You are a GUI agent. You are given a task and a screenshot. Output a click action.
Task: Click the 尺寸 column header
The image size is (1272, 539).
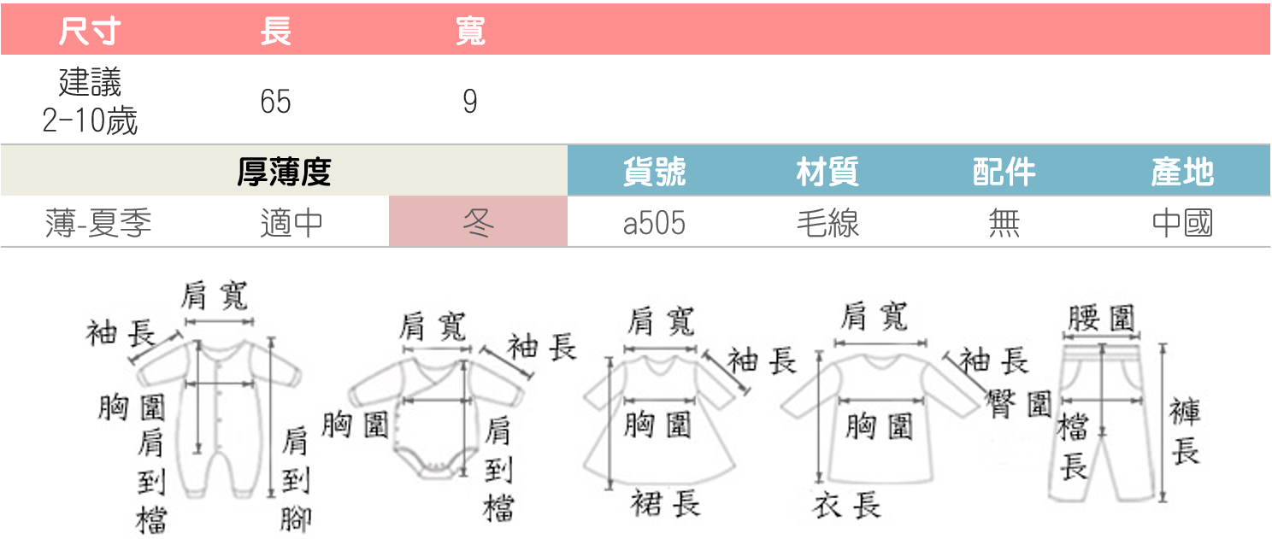click(89, 32)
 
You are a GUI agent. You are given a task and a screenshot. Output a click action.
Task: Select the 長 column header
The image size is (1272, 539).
click(275, 32)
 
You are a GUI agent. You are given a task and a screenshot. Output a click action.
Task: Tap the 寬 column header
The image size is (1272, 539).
click(469, 32)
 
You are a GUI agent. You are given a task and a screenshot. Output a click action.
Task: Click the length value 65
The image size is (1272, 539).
click(275, 103)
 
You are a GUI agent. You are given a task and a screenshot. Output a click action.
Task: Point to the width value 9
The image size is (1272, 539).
click(469, 103)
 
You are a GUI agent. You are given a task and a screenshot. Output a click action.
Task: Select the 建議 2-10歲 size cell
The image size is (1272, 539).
click(90, 103)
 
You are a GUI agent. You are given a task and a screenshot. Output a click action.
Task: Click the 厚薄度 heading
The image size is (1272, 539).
click(283, 173)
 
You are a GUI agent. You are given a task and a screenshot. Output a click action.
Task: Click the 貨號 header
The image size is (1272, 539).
click(654, 173)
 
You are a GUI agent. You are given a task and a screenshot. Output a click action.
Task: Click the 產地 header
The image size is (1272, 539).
click(1182, 173)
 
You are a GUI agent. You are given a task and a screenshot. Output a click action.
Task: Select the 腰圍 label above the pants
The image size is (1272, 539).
click(1102, 319)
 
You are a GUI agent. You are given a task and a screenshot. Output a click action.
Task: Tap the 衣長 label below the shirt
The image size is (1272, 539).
click(846, 507)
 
